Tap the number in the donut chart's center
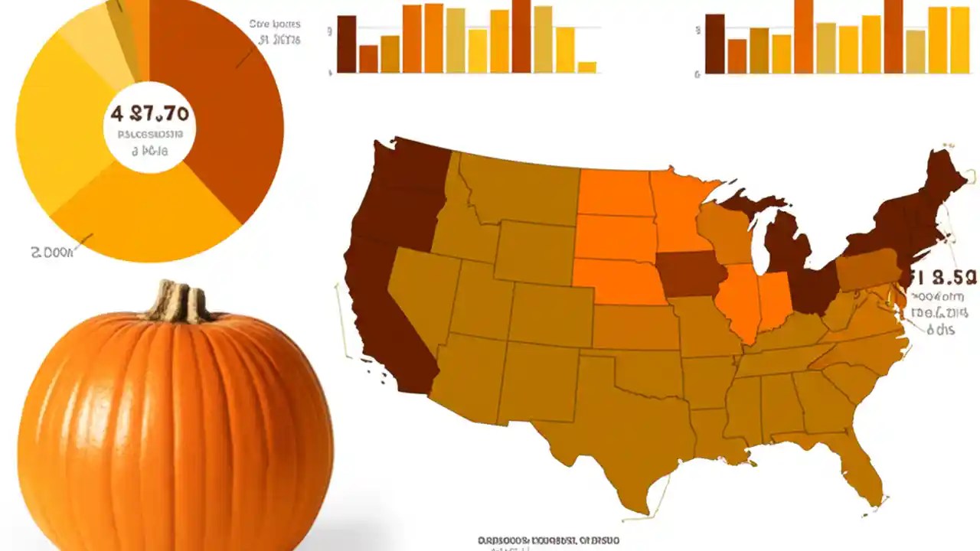(x=150, y=115)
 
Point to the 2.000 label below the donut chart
(x=52, y=252)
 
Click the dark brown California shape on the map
(x=383, y=321)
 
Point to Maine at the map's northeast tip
(x=946, y=180)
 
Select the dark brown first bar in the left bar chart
(x=346, y=44)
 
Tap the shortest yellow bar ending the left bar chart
(x=587, y=67)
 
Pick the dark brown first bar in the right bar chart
(x=714, y=44)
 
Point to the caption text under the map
(x=548, y=541)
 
